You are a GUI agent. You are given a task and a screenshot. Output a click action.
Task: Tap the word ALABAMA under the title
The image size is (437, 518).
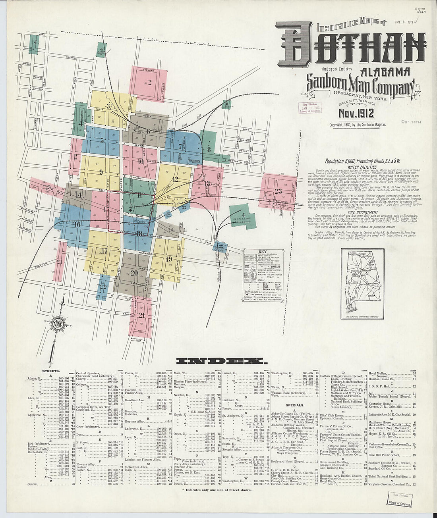(x=385, y=72)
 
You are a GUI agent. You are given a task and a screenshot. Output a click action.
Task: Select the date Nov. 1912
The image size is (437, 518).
(x=356, y=114)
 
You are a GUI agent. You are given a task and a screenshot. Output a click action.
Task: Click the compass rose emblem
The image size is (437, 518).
(x=58, y=323)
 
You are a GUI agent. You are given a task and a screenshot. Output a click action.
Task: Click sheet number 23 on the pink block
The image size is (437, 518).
(x=278, y=191)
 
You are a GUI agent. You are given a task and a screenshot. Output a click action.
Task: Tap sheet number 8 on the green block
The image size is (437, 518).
(x=208, y=150)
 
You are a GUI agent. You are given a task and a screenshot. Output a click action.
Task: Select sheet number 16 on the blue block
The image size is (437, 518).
(x=77, y=224)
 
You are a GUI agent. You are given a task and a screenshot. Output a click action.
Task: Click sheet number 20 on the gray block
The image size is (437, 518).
(x=134, y=273)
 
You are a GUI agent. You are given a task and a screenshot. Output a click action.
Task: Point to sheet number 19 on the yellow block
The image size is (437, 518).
(x=169, y=259)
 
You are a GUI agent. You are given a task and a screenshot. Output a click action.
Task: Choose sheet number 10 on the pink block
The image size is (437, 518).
(x=141, y=162)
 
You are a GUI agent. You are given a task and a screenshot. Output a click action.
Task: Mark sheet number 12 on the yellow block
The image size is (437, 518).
(x=175, y=179)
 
